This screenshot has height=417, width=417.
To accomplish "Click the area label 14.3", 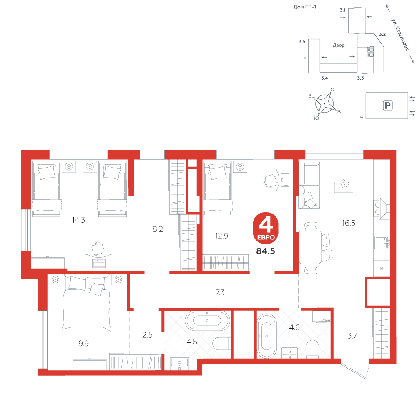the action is (78, 220).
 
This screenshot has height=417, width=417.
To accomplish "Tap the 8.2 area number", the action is (158, 229).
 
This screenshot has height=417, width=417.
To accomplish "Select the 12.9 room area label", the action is (221, 236).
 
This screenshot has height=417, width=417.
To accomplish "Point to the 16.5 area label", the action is (348, 223).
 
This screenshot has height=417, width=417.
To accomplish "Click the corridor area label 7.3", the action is (220, 293).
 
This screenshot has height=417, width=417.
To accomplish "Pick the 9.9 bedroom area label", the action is (83, 343).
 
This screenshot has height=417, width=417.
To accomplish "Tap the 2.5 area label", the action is (147, 335).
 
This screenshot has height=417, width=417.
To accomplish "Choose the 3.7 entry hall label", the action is (352, 336).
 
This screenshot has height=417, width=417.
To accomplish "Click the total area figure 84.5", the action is (265, 251).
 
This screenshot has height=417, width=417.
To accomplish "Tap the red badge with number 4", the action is (266, 228).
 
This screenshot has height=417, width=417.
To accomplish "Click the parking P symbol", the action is (387, 106).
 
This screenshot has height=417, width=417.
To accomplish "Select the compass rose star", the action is (324, 103).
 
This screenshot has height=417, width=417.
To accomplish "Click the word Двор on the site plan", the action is (339, 45).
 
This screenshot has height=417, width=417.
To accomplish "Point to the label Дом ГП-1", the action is (305, 7).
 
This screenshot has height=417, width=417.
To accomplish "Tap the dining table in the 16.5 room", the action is (310, 247).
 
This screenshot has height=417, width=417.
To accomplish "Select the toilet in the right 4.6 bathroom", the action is (312, 349).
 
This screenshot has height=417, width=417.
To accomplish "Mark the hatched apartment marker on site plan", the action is (370, 51).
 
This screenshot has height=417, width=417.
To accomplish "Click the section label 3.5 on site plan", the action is (302, 41).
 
